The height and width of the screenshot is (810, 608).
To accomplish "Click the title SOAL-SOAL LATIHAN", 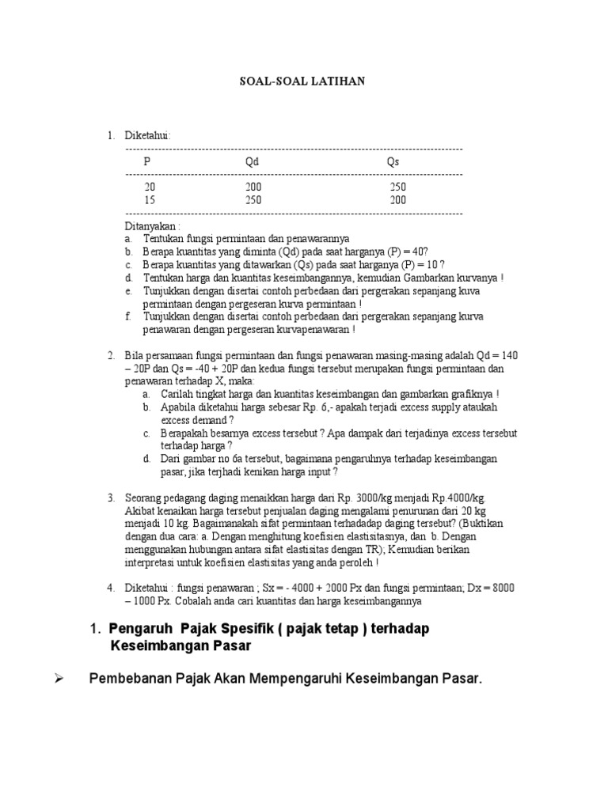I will tap(303, 81).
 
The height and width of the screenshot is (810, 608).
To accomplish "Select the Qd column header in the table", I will tap(252, 161).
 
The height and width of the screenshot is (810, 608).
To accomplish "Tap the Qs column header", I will tap(393, 161).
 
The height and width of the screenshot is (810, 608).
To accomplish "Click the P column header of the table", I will tap(146, 161).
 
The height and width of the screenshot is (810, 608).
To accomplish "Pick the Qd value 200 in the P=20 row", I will tap(253, 187).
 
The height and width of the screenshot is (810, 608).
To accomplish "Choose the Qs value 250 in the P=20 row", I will tap(398, 187).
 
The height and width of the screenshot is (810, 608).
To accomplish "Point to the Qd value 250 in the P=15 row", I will tap(253, 200).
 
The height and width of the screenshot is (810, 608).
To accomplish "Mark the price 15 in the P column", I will tap(150, 200).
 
